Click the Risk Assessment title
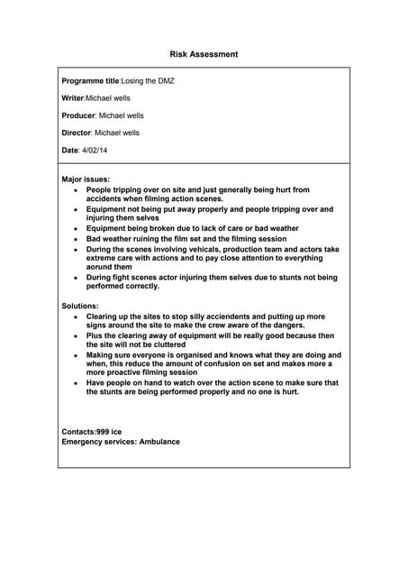(x=204, y=54)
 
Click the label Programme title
(x=90, y=81)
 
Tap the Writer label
(x=72, y=98)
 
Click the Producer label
(x=77, y=115)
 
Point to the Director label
(x=76, y=133)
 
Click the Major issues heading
(x=86, y=179)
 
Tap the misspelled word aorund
(x=104, y=268)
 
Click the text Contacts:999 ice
(x=91, y=432)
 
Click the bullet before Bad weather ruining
(x=76, y=239)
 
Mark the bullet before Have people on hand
(x=76, y=383)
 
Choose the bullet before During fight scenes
(x=76, y=278)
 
